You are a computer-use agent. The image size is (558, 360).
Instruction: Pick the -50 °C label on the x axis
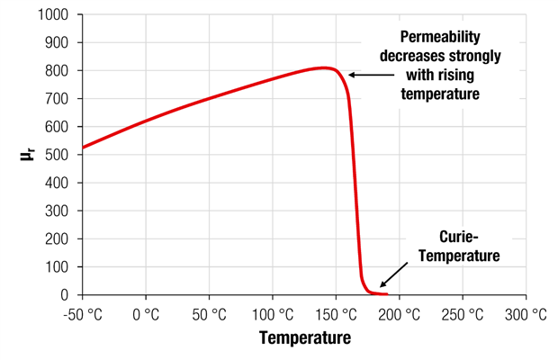pyautogui.click(x=82, y=314)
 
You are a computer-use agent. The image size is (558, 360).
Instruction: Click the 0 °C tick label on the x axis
pyautogui.click(x=146, y=314)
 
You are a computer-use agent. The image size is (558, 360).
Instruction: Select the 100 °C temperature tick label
pyautogui.click(x=272, y=314)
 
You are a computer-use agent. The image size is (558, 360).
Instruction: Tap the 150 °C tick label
pyautogui.click(x=336, y=314)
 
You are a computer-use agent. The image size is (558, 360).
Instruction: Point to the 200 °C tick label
pyautogui.click(x=399, y=314)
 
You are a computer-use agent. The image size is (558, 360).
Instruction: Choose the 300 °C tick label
pyautogui.click(x=526, y=314)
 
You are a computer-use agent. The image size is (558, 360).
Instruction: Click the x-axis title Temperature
pyautogui.click(x=304, y=338)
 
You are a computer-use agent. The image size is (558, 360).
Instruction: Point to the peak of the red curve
pyautogui.click(x=323, y=67)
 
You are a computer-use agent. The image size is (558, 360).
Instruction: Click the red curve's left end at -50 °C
pyautogui.click(x=83, y=147)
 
